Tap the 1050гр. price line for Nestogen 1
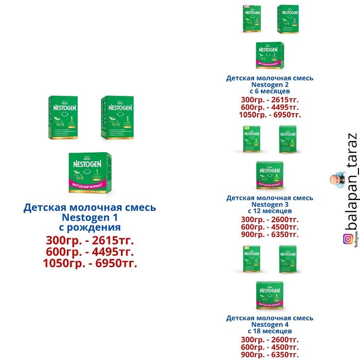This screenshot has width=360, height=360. tap(90, 263)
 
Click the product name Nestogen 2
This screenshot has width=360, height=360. tap(269, 85)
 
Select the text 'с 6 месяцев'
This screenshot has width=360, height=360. tap(269, 91)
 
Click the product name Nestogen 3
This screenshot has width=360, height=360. tap(269, 205)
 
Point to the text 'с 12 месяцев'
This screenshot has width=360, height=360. tap(269, 211)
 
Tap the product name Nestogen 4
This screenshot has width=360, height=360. tap(269, 325)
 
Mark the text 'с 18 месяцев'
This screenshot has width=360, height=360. tap(269, 331)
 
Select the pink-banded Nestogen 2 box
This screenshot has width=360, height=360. tap(269, 56)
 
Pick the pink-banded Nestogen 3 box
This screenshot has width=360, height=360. tap(269, 176)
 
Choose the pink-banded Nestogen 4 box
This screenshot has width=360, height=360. tap(269, 296)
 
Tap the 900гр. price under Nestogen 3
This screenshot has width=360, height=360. tap(269, 235)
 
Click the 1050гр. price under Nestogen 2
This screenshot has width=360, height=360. tap(269, 115)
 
